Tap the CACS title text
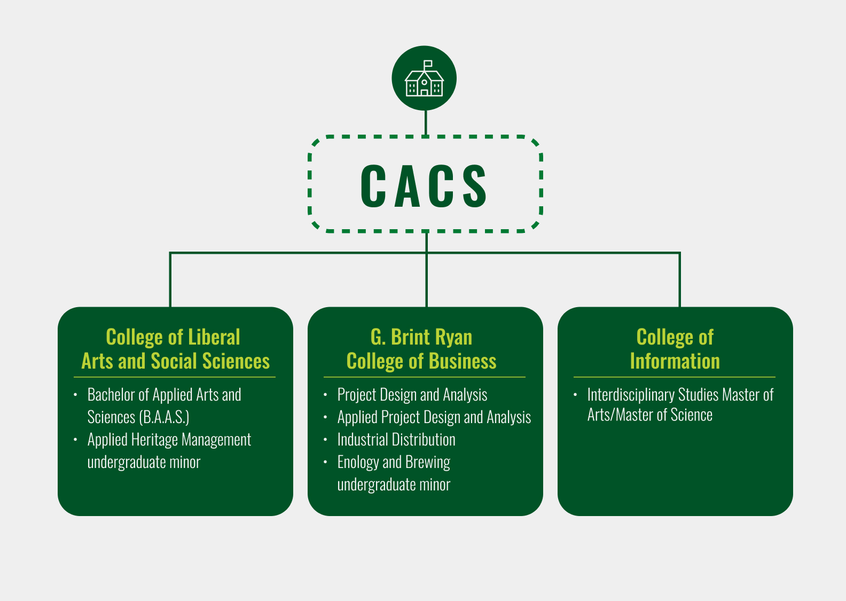click(x=424, y=186)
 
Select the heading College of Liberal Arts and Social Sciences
click(x=175, y=349)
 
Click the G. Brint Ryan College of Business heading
click(x=421, y=349)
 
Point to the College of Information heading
click(x=675, y=349)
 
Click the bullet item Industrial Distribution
click(x=396, y=440)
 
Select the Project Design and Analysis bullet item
click(x=412, y=395)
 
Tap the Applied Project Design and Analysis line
click(x=434, y=417)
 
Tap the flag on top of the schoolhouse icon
click(x=428, y=64)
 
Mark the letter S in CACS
click(x=474, y=186)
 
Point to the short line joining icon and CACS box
click(x=426, y=122)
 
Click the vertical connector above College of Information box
click(x=679, y=280)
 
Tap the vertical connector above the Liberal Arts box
click(x=170, y=280)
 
